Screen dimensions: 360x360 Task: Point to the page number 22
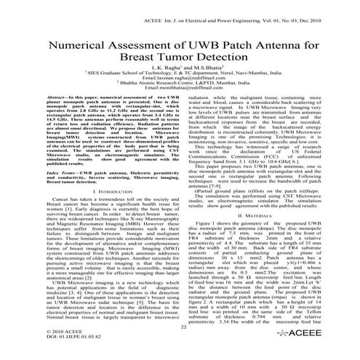180,329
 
